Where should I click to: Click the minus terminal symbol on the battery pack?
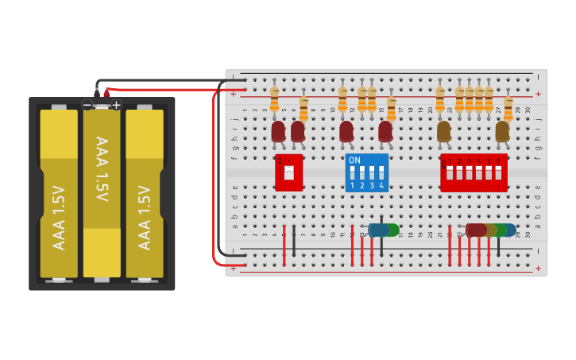(x=87, y=105)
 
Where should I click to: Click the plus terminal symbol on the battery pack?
(x=116, y=105)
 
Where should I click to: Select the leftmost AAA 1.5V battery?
(x=59, y=195)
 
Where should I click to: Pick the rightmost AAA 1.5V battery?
(x=145, y=195)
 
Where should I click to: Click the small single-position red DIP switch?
(x=289, y=172)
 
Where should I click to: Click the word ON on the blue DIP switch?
(x=354, y=160)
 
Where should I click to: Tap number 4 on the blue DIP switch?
(x=382, y=185)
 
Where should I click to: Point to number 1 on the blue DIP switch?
(x=352, y=185)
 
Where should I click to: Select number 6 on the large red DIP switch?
(x=498, y=161)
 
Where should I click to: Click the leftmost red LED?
(x=278, y=131)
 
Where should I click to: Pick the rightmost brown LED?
(x=502, y=131)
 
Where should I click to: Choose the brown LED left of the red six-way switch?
(x=443, y=131)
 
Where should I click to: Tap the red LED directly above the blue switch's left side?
(x=346, y=131)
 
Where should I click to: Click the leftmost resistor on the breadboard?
(x=274, y=100)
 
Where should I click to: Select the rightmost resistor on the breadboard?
(x=508, y=106)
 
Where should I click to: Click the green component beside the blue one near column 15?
(x=392, y=230)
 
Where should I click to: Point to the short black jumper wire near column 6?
(x=294, y=240)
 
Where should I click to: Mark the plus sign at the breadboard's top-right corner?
(x=539, y=94)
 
